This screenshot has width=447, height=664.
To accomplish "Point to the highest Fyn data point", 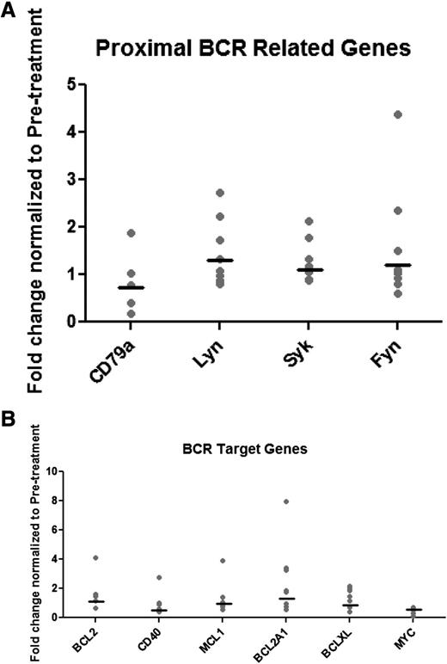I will [x=397, y=114].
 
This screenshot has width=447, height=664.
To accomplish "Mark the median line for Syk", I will [x=309, y=270].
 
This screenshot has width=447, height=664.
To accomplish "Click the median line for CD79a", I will [x=131, y=287].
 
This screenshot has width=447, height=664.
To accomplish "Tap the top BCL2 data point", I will [x=97, y=558].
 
